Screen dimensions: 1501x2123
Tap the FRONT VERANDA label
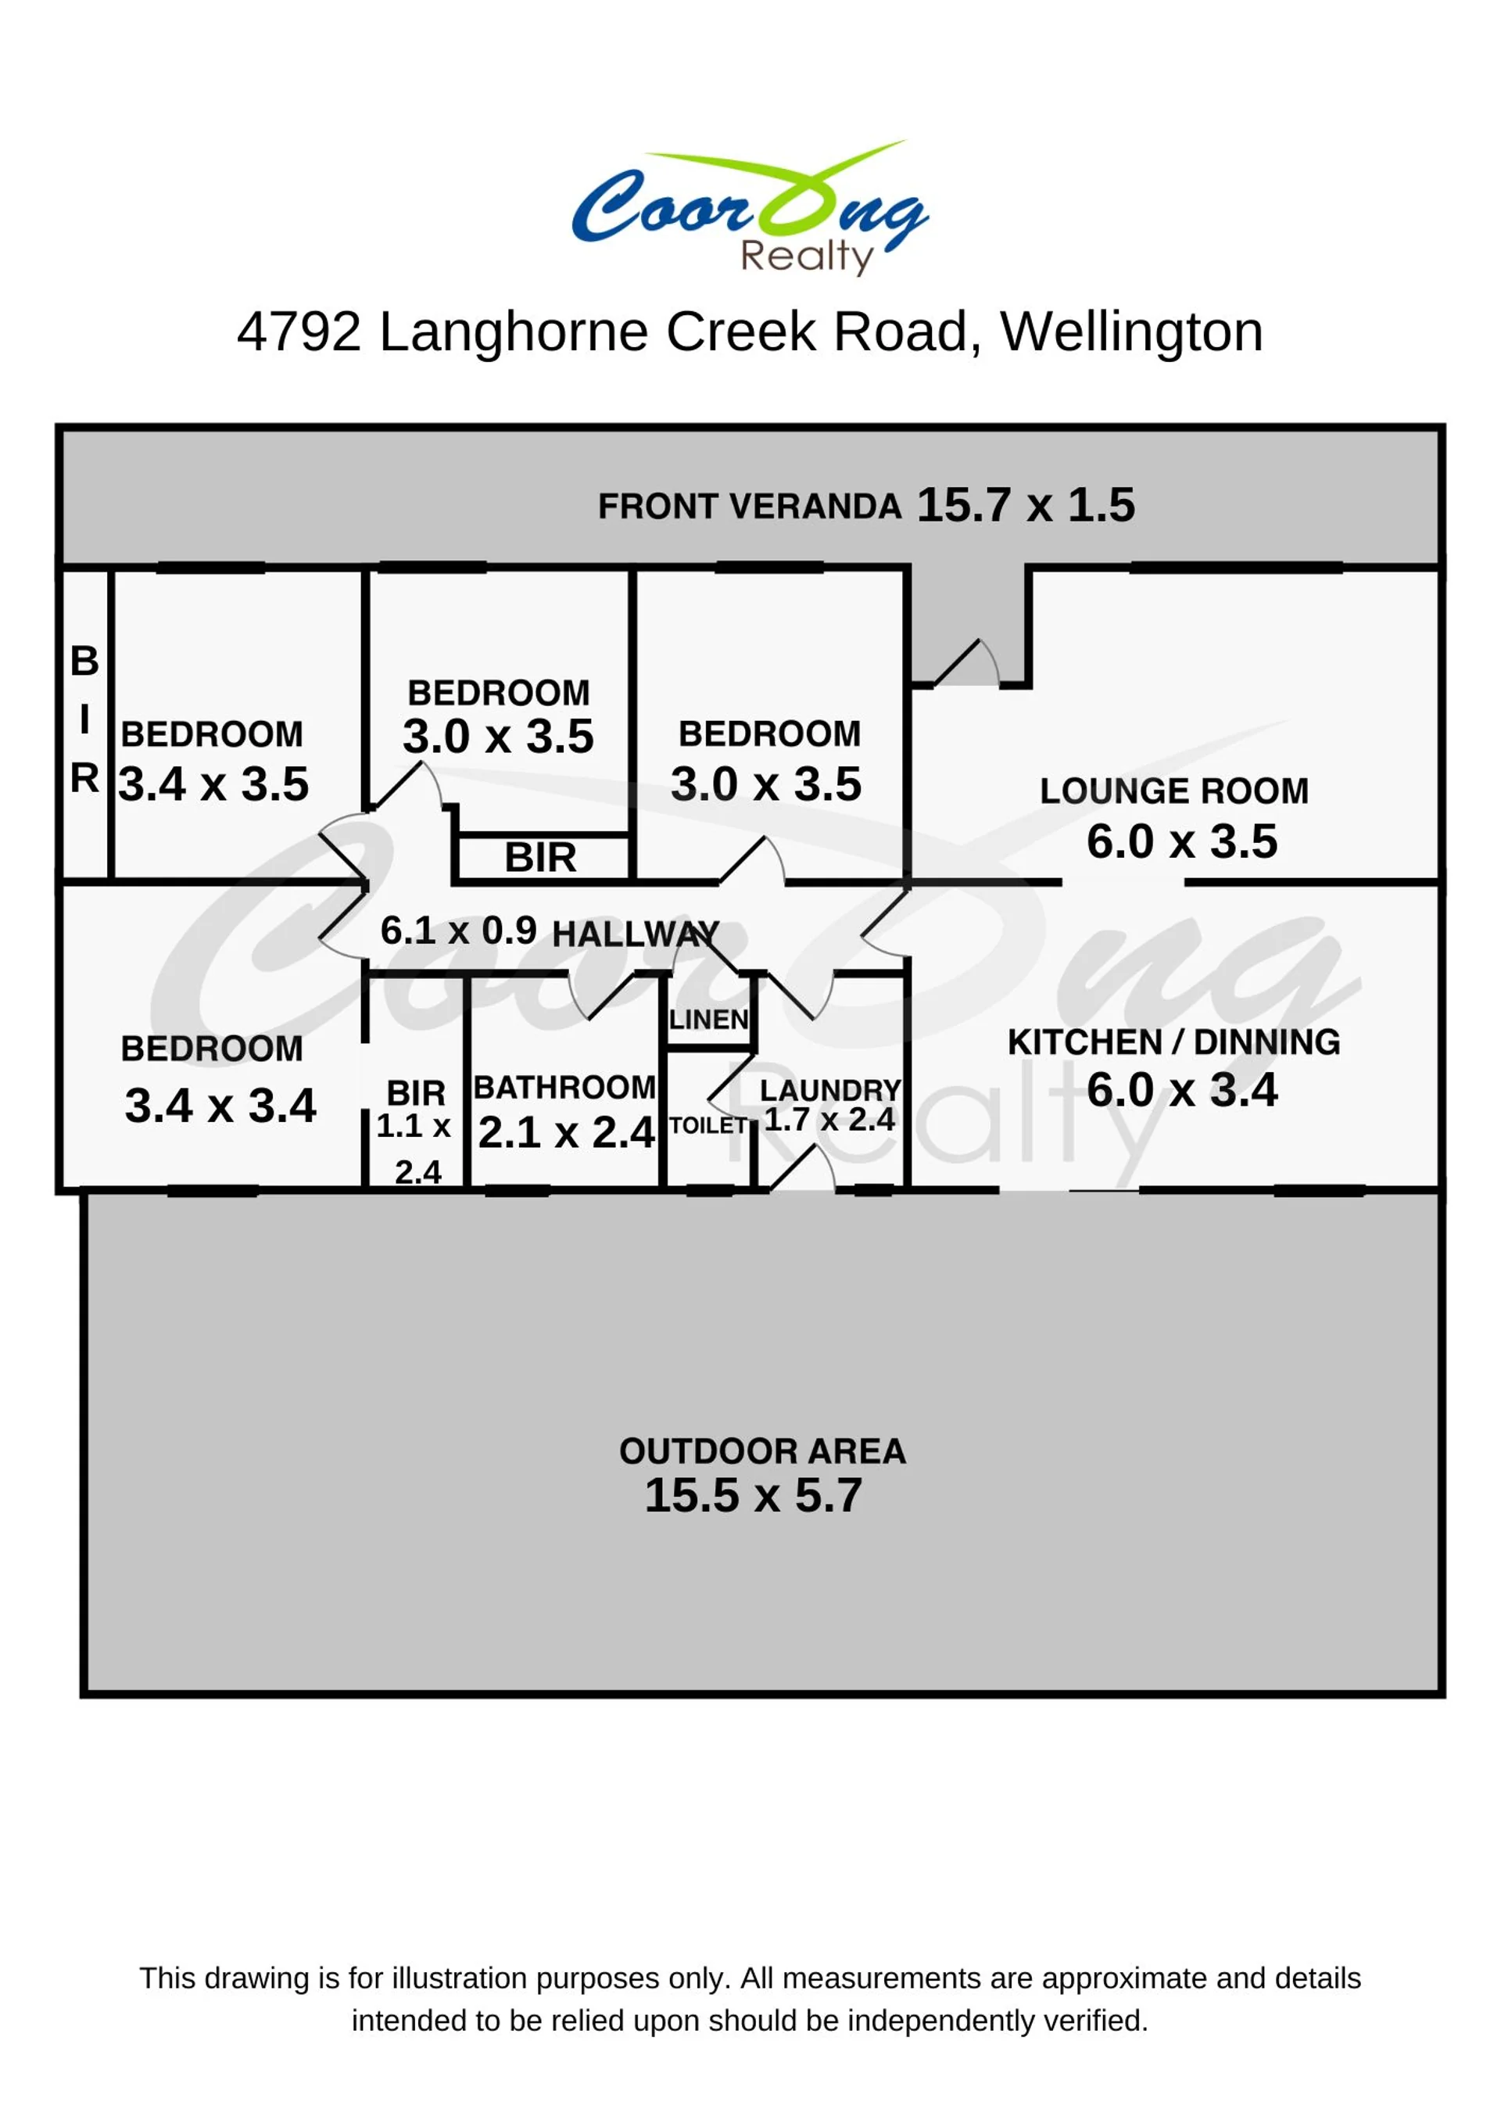[750, 507]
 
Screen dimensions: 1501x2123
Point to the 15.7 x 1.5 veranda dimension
[1025, 505]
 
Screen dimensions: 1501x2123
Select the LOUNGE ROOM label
[1173, 791]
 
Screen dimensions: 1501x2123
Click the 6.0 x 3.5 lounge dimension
[1182, 841]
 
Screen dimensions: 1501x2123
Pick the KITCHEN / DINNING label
[1173, 1042]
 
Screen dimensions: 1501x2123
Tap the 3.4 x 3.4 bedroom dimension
[220, 1105]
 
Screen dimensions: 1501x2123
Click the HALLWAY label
[636, 934]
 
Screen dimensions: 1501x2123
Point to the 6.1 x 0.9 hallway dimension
[458, 931]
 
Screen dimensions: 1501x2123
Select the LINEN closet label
[708, 1020]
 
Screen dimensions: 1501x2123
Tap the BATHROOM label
[564, 1088]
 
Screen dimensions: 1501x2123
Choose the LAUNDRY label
[830, 1090]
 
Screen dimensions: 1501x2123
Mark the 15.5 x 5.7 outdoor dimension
[754, 1495]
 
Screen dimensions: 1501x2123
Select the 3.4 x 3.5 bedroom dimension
[213, 784]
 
